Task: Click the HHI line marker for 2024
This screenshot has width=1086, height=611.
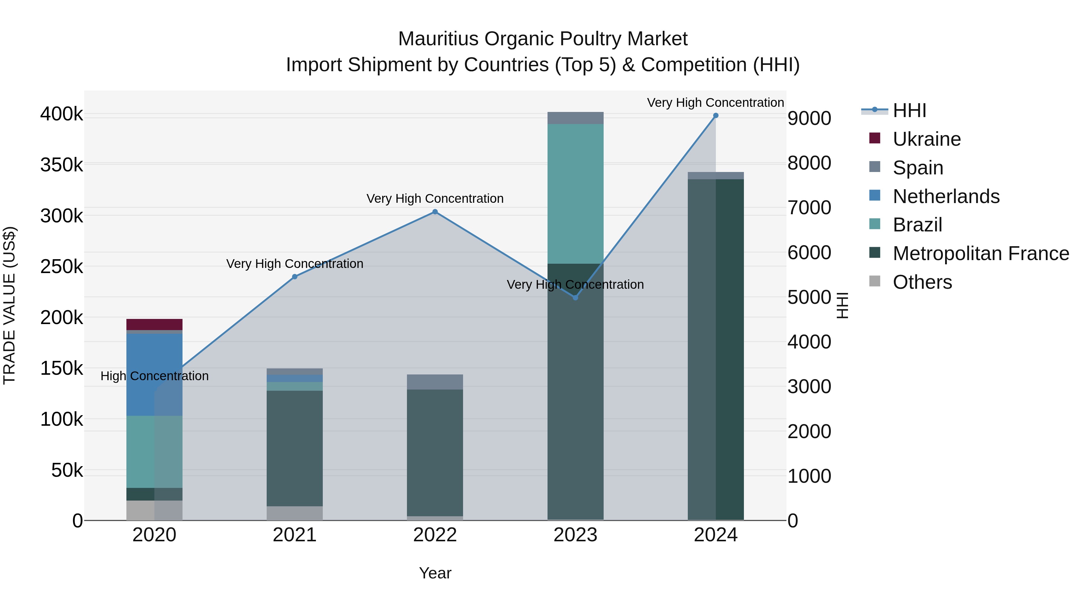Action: (716, 116)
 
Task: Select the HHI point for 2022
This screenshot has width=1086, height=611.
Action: (435, 212)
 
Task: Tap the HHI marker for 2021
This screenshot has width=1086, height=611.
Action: (295, 277)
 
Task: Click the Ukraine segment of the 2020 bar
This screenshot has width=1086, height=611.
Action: (154, 324)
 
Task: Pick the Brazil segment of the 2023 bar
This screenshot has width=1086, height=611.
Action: (576, 194)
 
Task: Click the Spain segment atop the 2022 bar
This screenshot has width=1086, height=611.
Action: (435, 382)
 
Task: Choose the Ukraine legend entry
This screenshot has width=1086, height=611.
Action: (926, 139)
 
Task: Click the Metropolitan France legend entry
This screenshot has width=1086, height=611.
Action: (981, 253)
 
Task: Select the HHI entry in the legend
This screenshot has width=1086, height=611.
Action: (909, 110)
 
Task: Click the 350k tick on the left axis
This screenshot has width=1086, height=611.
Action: (62, 165)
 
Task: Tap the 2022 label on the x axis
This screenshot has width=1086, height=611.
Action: (435, 535)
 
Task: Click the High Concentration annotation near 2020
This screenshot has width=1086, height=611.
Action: (154, 376)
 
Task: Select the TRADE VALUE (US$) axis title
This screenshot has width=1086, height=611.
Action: (9, 305)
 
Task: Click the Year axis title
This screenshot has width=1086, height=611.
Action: (435, 573)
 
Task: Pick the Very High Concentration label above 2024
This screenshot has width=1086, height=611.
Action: (716, 103)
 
